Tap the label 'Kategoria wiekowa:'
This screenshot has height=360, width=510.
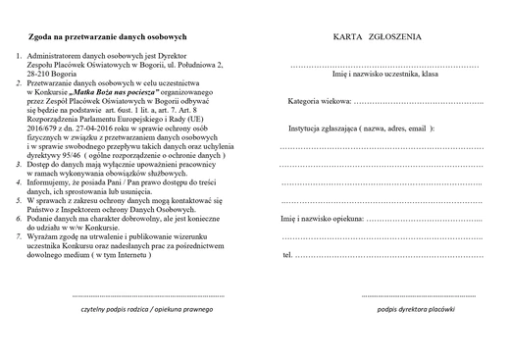320,102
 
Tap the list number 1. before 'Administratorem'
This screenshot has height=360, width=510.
20,57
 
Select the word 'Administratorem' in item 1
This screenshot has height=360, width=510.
59,57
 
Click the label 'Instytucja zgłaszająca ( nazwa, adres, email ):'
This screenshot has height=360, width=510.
361,129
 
